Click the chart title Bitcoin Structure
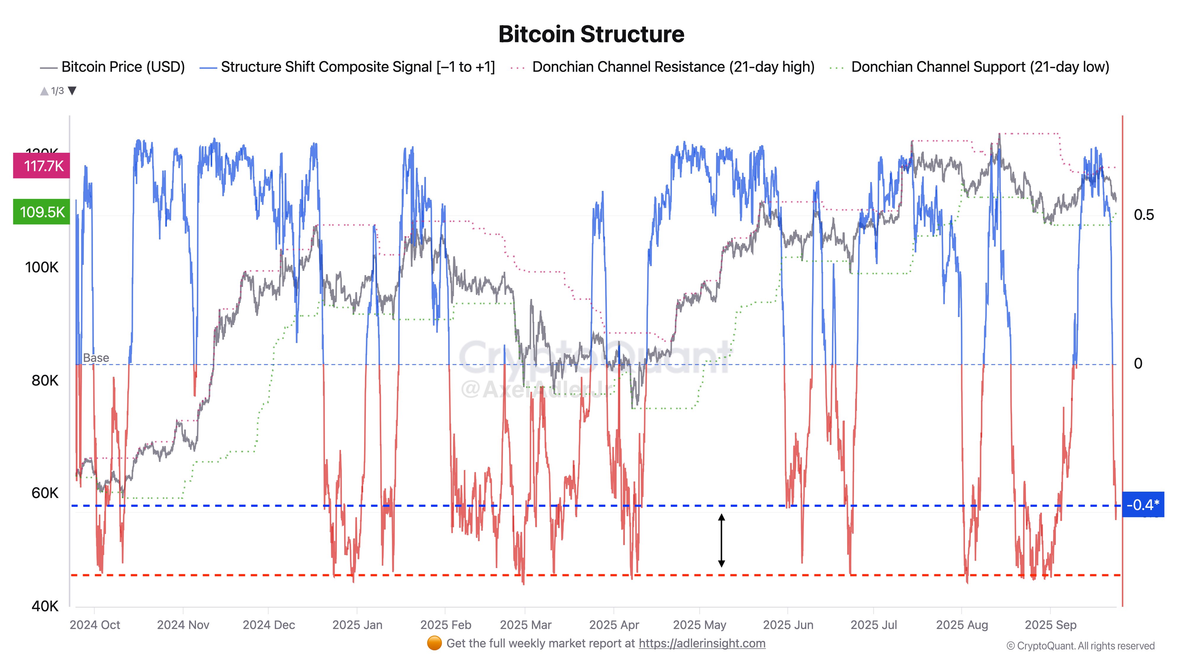tap(591, 34)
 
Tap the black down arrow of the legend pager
tap(72, 91)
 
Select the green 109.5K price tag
tap(42, 212)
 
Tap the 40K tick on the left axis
tap(45, 606)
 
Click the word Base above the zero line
tap(96, 358)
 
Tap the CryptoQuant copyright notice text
tap(1080, 646)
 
